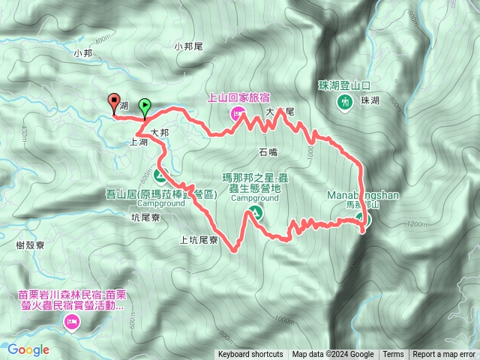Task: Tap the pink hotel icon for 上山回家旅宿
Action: pos(237,113)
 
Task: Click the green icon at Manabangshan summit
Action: pos(362,219)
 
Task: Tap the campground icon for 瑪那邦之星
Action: pos(256,213)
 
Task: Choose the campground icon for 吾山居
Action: pos(160,176)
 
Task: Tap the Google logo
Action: pos(28,349)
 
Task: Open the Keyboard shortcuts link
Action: pos(250,355)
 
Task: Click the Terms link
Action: pos(393,355)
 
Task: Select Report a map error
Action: pos(444,355)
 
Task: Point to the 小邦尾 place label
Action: pos(189,46)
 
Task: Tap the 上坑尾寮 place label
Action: pos(199,241)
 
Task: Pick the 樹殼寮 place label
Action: pos(31,245)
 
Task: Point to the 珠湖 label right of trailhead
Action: pos(370,101)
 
